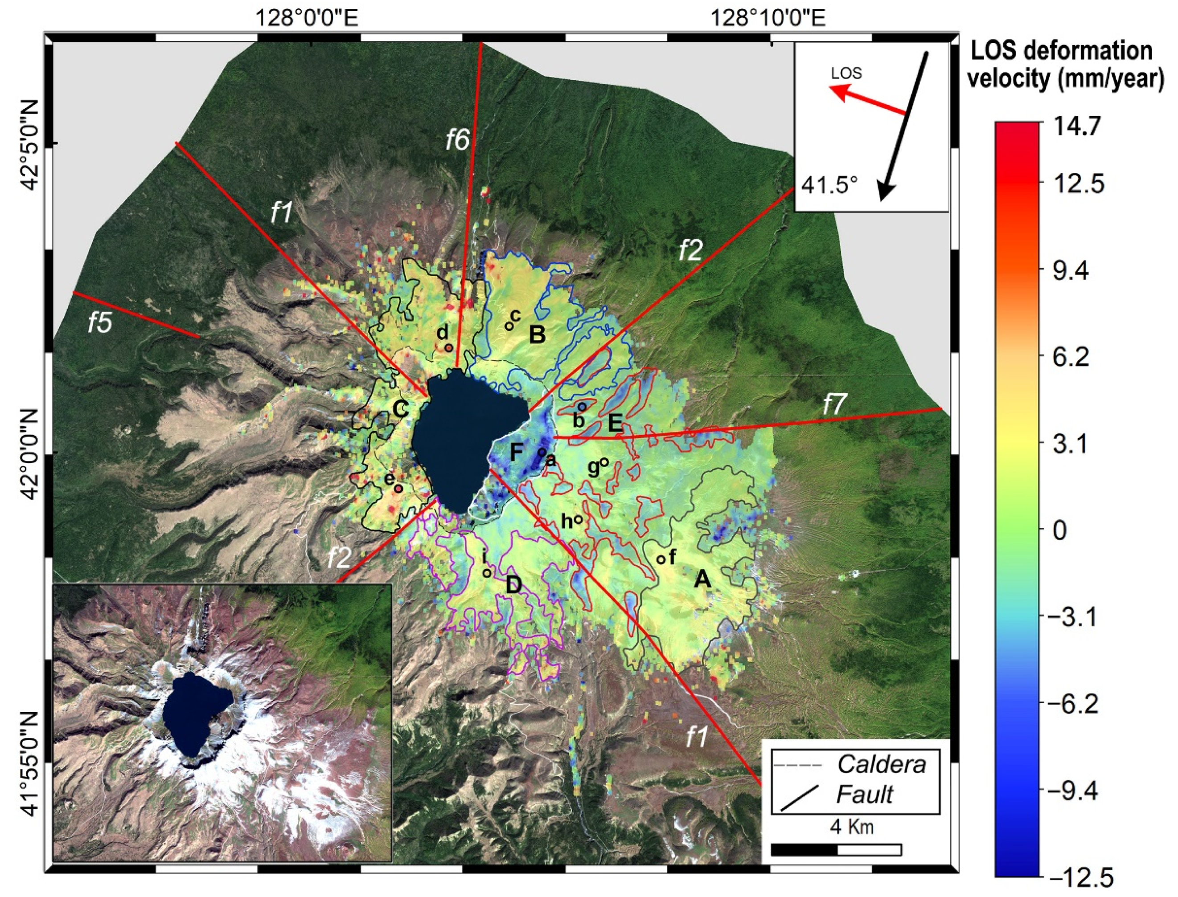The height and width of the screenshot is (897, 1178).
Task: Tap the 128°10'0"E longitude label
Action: tap(768, 18)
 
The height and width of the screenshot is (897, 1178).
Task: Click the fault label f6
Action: tap(458, 140)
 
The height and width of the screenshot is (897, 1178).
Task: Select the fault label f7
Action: tap(834, 405)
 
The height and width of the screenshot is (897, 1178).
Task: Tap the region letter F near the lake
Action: tap(516, 452)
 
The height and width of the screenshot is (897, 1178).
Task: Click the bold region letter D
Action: tap(513, 586)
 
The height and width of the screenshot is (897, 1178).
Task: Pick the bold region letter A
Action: tap(702, 579)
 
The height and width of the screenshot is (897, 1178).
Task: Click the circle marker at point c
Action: tap(509, 326)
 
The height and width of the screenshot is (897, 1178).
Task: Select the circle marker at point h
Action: tap(578, 519)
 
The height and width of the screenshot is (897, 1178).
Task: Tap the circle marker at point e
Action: tap(398, 488)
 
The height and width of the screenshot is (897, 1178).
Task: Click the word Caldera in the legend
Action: tap(881, 765)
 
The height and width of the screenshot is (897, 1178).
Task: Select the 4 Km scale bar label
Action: tap(852, 827)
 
